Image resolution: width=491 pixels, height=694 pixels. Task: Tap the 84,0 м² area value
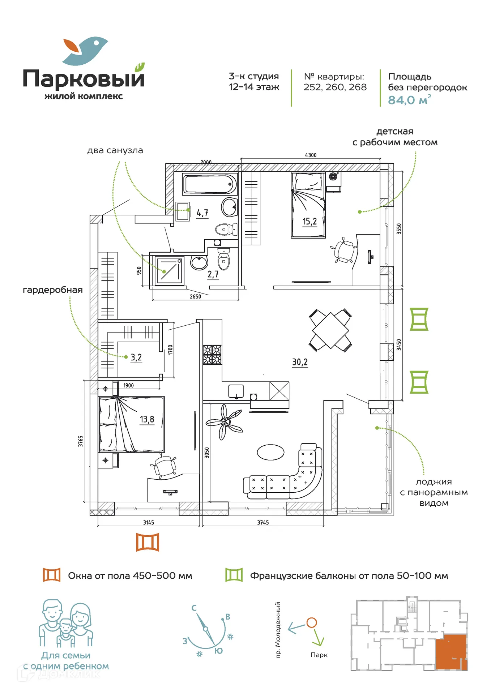(x=409, y=100)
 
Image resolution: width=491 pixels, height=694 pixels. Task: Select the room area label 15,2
(x=309, y=222)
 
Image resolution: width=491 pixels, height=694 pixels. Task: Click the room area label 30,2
(x=300, y=362)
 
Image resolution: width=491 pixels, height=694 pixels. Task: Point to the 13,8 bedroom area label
(x=147, y=419)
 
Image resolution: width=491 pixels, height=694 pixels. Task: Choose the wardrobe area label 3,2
(x=136, y=357)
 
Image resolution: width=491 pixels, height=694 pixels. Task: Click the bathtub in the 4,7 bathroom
(x=210, y=184)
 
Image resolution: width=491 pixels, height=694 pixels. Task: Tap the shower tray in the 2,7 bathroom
(x=169, y=271)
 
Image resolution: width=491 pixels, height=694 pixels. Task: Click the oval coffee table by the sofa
(x=270, y=452)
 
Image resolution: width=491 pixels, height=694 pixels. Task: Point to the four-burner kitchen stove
(x=212, y=354)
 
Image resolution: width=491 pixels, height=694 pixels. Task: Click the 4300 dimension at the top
(x=311, y=155)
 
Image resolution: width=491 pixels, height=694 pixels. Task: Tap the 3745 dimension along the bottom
(x=263, y=522)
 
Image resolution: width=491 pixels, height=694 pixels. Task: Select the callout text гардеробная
(x=53, y=290)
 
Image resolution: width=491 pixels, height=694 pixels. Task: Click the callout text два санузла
(x=115, y=150)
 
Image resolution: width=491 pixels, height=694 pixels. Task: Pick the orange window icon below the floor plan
(x=148, y=542)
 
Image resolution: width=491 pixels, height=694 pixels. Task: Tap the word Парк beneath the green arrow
(x=319, y=655)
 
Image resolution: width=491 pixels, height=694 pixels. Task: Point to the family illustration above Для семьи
(x=66, y=624)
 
